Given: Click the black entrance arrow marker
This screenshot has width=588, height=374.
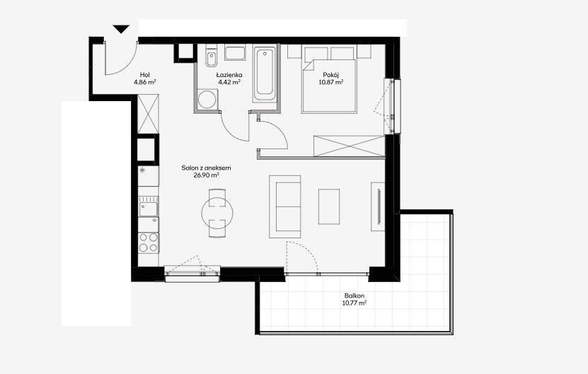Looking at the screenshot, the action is click(121, 29).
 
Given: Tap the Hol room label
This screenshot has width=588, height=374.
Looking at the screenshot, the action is click(145, 74).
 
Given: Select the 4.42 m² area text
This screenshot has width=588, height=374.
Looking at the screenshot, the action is click(229, 82).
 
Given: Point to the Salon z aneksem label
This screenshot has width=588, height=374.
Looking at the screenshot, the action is click(206, 168).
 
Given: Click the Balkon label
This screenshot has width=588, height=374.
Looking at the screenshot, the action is click(354, 296).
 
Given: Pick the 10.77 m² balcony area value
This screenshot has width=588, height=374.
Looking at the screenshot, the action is click(354, 303).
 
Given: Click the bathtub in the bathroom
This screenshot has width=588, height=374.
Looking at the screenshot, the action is click(265, 74).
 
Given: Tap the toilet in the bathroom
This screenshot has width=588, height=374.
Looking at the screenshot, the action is click(211, 57).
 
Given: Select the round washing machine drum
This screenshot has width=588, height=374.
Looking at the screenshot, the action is click(207, 99).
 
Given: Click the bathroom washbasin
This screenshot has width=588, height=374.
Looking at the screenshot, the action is click(235, 53).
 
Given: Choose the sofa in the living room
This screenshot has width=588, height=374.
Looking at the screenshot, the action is click(285, 207).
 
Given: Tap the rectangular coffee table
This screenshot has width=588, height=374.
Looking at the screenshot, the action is click(329, 206).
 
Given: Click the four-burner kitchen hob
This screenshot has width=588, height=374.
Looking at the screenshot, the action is click(149, 242).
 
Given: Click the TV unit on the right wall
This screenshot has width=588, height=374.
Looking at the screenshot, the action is click(378, 206).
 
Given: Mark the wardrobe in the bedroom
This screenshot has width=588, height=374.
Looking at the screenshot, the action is click(350, 146).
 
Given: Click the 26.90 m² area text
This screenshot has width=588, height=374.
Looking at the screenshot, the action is click(206, 175).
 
